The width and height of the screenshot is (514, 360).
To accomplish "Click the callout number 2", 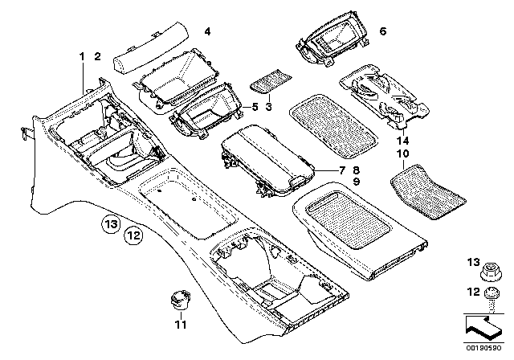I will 97,55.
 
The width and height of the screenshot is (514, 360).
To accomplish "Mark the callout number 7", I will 341,170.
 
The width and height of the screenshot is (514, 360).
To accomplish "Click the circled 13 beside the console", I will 110,222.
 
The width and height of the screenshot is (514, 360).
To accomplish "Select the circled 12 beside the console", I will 133,235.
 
